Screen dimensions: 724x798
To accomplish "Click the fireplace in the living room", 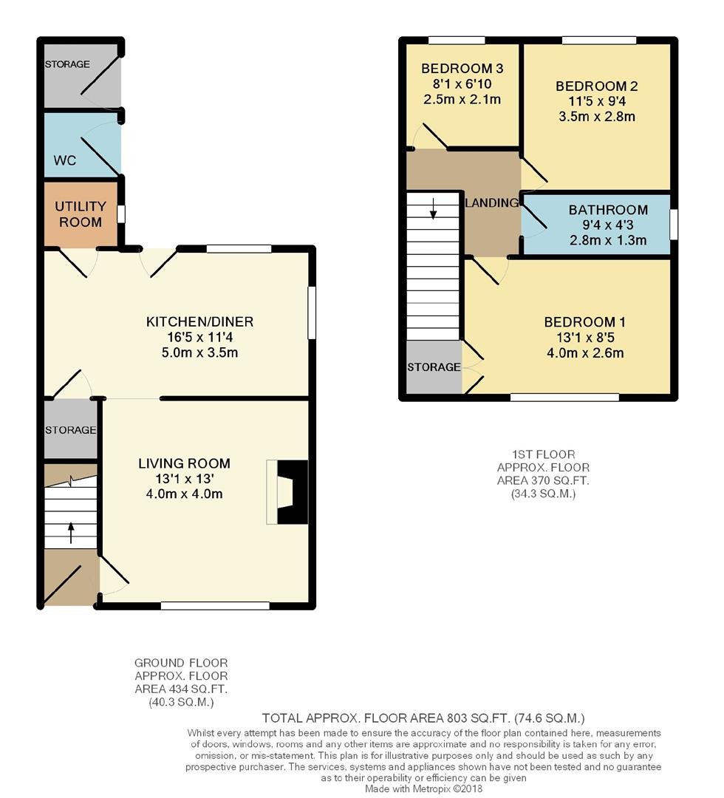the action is click(287, 492).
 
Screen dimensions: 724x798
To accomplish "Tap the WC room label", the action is click(64, 160).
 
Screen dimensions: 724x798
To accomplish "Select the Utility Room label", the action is click(81, 214).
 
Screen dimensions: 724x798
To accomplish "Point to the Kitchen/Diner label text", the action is click(200, 321).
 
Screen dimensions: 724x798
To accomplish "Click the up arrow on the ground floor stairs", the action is click(71, 532).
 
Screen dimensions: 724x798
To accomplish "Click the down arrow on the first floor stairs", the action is click(433, 208).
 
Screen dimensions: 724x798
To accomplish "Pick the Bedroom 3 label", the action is click(462, 68).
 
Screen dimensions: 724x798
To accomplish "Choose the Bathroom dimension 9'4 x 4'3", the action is click(608, 225).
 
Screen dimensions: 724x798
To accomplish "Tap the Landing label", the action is click(492, 203).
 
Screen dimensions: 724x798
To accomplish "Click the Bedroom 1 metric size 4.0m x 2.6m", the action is click(585, 352).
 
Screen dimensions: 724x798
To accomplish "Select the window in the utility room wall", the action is click(121, 214).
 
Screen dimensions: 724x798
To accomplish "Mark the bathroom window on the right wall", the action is click(674, 225).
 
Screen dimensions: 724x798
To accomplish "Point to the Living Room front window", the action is click(215, 606).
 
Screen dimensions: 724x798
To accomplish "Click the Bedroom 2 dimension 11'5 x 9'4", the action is click(597, 101).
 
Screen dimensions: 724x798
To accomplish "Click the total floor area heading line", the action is click(423, 718).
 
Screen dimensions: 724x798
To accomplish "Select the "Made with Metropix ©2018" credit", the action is click(424, 789).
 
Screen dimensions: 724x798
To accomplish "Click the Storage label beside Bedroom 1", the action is click(434, 367).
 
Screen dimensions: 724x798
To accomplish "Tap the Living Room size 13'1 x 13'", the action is click(185, 479).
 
